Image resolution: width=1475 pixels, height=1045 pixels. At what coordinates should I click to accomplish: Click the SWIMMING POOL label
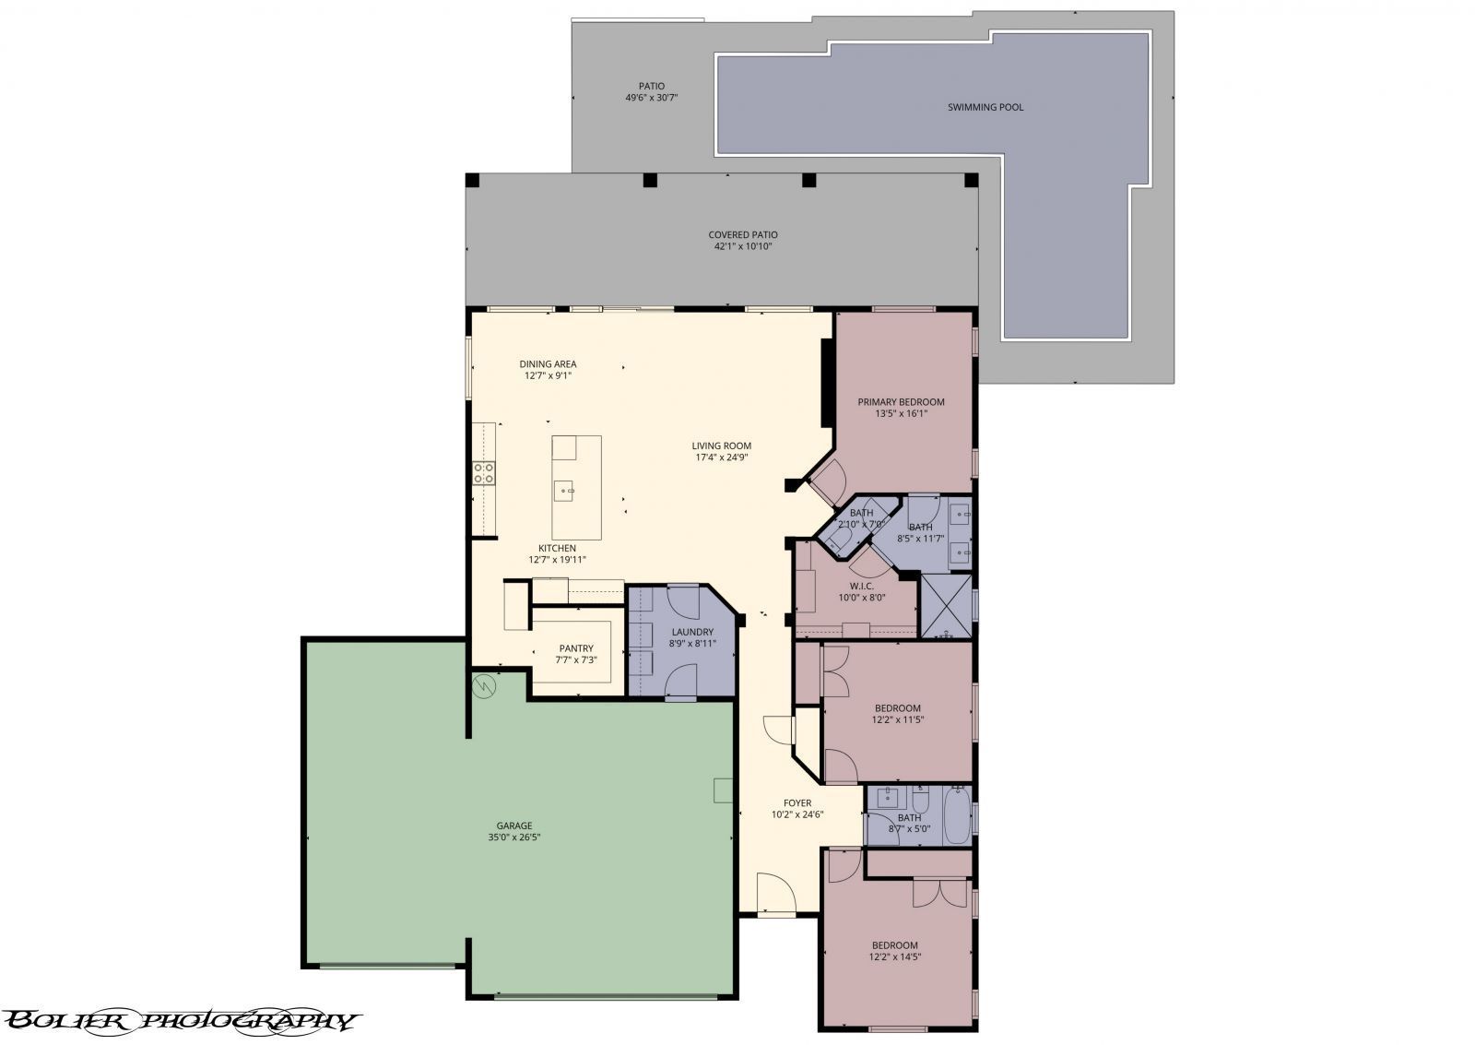point(985,107)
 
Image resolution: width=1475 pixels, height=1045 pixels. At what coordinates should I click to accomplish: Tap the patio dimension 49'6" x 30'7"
point(651,98)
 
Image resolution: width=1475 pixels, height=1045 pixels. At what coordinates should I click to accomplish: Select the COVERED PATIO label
point(743,234)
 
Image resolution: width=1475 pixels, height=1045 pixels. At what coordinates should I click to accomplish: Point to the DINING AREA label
point(548,363)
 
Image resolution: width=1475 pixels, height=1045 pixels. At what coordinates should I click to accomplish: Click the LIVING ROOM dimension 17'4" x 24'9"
point(722,457)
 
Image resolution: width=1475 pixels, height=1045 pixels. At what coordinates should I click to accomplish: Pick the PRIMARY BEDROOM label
point(901,402)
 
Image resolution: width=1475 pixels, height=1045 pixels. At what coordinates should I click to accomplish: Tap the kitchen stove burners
point(484,474)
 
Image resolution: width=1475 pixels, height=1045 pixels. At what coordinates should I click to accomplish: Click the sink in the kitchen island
point(564,490)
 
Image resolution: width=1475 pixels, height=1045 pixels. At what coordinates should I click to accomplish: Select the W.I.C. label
point(861,587)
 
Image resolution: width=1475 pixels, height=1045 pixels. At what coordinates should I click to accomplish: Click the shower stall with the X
point(946,606)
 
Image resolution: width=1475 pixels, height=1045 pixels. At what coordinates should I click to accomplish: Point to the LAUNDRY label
point(692,632)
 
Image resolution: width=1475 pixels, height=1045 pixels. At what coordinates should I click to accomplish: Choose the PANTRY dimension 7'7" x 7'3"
point(576,659)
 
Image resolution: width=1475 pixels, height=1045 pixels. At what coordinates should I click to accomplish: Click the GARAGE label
point(514,825)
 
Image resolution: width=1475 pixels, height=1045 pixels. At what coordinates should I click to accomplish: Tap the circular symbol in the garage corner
point(484,686)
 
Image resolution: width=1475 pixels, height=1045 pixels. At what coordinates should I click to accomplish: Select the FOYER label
point(797,803)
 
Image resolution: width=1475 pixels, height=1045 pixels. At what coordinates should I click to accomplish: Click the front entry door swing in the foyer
point(776,894)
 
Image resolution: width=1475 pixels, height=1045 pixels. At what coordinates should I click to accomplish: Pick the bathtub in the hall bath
point(956,815)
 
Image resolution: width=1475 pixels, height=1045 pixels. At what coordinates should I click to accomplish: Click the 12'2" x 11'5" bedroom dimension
point(898,720)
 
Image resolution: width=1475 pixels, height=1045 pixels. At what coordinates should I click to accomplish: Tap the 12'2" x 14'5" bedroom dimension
point(895,957)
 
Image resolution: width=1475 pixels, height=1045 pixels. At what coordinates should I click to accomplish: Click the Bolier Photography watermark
point(181,1021)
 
